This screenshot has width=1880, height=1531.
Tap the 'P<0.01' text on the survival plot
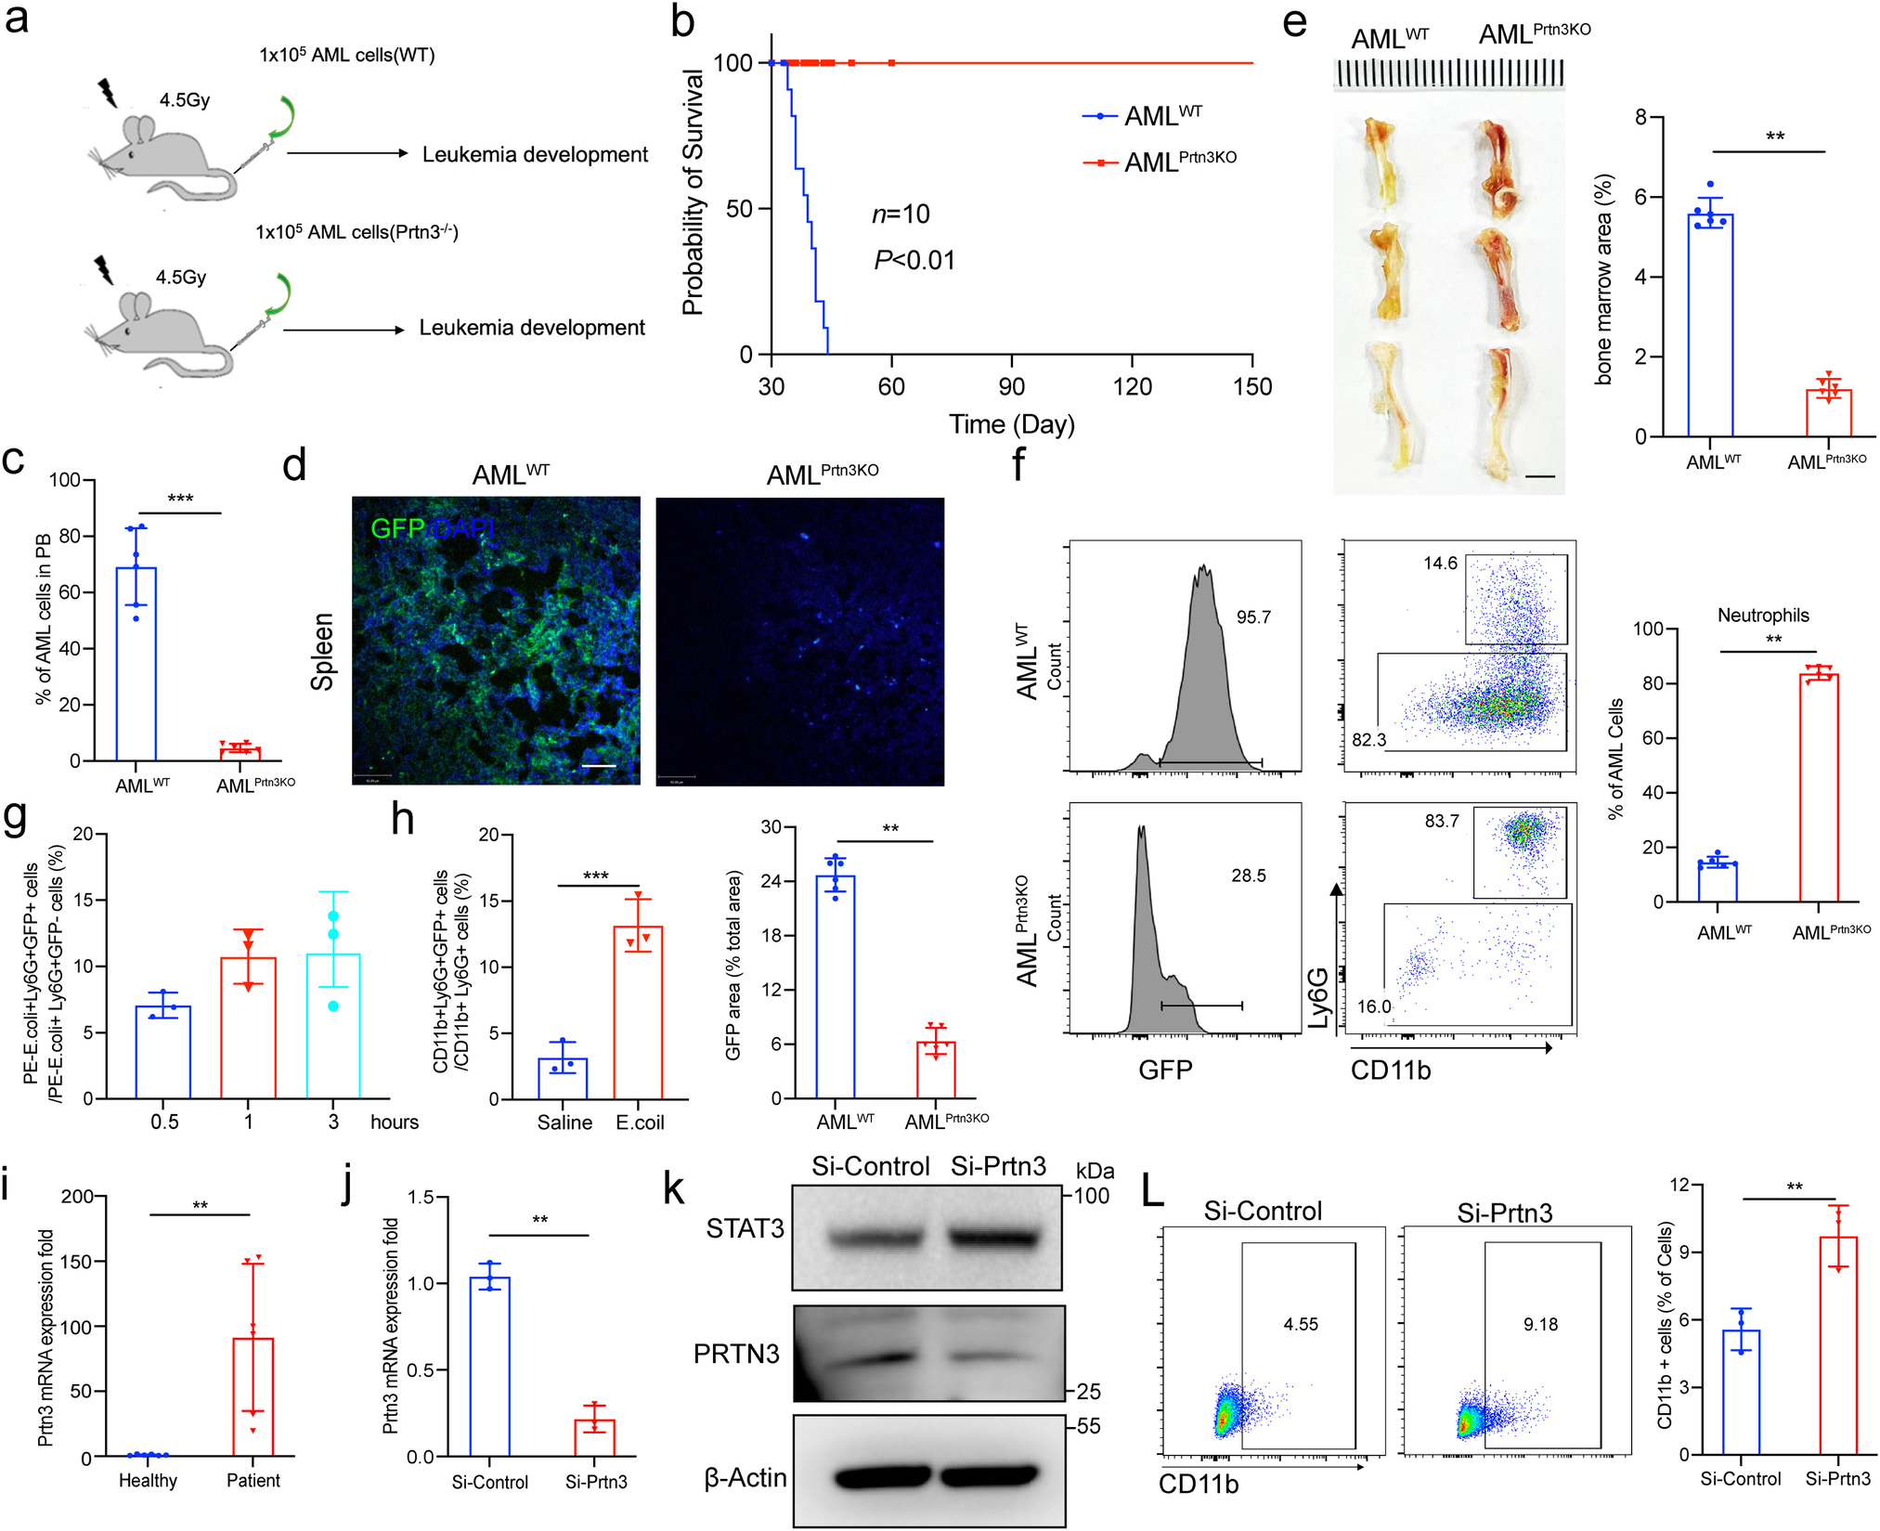tap(914, 260)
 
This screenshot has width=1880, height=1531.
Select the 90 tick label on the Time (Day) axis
tap(1011, 386)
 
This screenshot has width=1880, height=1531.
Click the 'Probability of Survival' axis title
tap(693, 192)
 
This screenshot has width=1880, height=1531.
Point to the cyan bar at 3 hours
tap(333, 1026)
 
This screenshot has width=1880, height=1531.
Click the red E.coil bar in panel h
tap(638, 1012)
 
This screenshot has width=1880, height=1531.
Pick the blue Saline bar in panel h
tap(563, 1078)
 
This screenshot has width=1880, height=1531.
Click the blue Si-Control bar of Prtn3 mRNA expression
tap(489, 1366)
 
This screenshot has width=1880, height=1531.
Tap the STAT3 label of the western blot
tap(745, 1228)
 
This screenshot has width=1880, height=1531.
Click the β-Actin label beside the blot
tap(746, 1477)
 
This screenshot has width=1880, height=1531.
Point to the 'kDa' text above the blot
tap(1095, 1171)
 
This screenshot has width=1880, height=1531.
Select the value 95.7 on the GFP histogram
tap(1253, 617)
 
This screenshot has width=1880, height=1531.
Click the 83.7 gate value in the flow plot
tap(1442, 821)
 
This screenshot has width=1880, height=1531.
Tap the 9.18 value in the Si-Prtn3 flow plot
tap(1540, 1324)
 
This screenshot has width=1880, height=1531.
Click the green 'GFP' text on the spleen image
tap(397, 528)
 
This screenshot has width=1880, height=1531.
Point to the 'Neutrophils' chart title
tap(1762, 615)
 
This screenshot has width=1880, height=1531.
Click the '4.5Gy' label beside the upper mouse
tap(184, 100)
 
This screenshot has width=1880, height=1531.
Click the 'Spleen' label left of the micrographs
tap(322, 651)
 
